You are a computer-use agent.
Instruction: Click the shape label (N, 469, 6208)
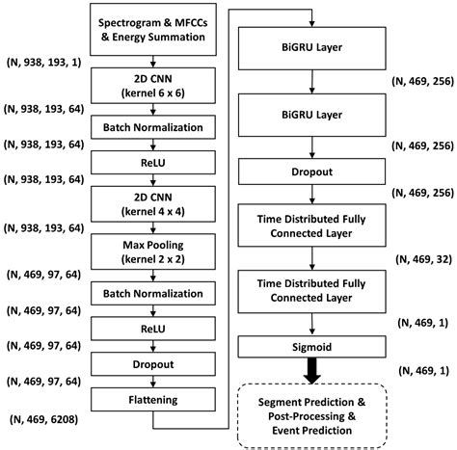(42, 420)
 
